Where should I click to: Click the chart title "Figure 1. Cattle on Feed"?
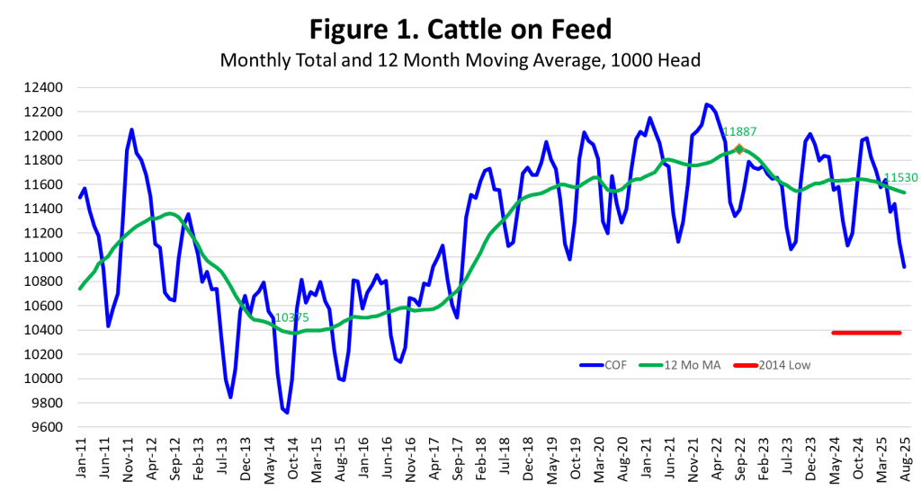pos(460,29)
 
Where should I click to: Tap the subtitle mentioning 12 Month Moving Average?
pos(460,60)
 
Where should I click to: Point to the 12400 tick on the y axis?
pos(43,87)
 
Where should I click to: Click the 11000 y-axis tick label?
pos(43,257)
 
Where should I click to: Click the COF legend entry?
pos(604,365)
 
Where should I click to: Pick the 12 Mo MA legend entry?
pos(680,365)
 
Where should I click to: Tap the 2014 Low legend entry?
pos(773,365)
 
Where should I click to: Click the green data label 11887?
pos(739,132)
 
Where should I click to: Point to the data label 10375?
pos(292,317)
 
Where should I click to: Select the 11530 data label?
pos(900,178)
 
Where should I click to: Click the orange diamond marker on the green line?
pos(739,149)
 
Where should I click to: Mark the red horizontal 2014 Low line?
pos(866,333)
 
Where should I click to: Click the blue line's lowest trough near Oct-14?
pos(287,413)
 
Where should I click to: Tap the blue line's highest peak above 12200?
pos(707,104)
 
